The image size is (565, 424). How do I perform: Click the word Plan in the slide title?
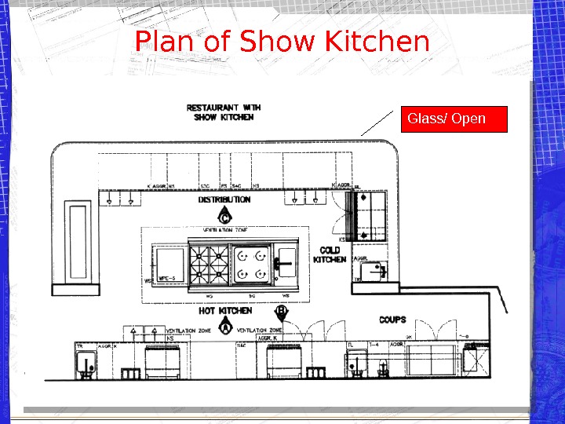coord(165,42)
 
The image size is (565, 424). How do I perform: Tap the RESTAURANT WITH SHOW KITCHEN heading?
coord(224,112)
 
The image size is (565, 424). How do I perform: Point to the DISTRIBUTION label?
coord(224,200)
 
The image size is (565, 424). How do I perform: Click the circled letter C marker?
coord(224,216)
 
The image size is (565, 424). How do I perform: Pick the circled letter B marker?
coord(281,313)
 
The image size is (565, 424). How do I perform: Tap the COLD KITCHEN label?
coord(330,254)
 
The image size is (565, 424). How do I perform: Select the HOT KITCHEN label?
coord(224,312)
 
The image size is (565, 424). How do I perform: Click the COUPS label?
coord(392,320)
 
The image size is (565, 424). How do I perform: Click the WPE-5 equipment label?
coord(166,278)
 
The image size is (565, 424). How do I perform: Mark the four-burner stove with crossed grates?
coord(208,264)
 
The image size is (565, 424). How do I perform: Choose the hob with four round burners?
coord(251,264)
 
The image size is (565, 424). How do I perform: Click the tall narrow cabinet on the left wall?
coord(78,243)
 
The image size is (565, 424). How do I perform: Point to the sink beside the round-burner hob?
coord(286,263)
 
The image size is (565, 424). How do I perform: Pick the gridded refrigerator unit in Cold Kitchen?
coord(370,215)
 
